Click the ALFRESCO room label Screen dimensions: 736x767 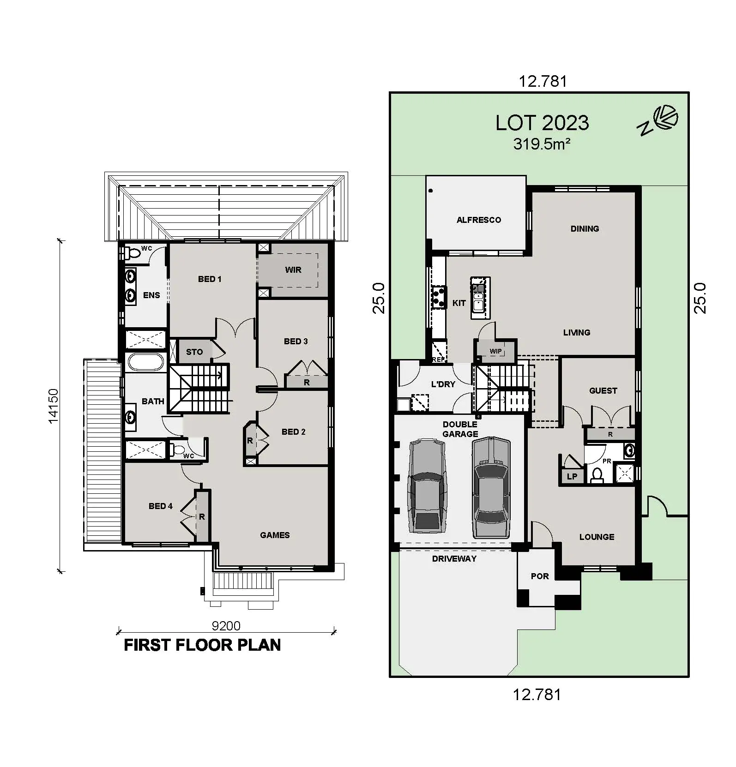pos(478,220)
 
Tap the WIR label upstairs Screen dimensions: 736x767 pos(293,270)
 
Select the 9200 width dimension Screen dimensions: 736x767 pos(226,626)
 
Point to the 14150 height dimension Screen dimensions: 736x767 pos(54,406)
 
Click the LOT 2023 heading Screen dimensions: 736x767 pos(542,123)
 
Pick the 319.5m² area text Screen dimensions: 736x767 pos(542,144)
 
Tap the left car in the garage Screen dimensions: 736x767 pos(427,486)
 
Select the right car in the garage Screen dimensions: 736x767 pos(491,487)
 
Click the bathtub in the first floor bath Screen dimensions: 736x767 pos(145,362)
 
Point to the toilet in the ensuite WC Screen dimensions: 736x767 pos(133,253)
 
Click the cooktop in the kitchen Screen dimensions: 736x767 pos(438,297)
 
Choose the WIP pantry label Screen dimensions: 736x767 pos(495,351)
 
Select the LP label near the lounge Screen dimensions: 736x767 pos(572,477)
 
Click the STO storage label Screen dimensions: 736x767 pos(194,352)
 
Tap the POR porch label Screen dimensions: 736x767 pos(540,576)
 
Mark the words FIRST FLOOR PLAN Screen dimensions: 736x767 pos(202,645)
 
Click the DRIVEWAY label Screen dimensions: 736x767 pos(454,559)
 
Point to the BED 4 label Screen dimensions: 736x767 pos(161,506)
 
